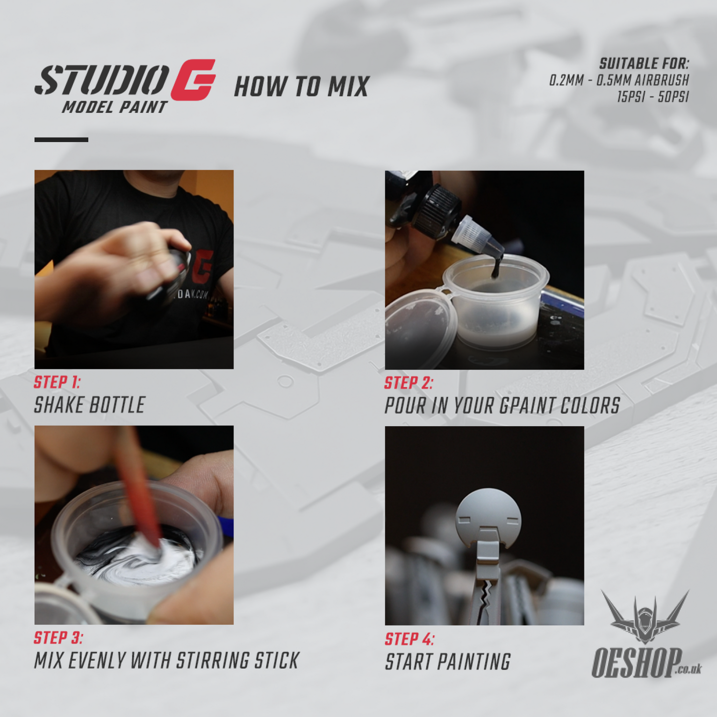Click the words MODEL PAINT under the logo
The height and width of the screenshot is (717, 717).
pos(115,107)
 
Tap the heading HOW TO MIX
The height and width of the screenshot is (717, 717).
pos(302,87)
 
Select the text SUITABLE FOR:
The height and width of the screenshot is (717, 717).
pos(644,64)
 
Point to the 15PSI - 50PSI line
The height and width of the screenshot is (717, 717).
pos(652,97)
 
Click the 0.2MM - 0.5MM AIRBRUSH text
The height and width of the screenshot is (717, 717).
pos(619,80)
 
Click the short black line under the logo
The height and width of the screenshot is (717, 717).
pos(61,140)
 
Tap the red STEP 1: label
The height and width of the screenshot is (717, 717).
pos(57,382)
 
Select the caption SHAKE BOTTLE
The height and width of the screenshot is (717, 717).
pos(89,405)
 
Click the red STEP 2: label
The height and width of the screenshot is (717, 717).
pos(408,383)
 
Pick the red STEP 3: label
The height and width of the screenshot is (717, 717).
pos(58,638)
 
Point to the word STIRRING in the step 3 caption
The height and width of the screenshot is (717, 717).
pos(213,661)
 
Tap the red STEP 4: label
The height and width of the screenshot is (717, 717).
pos(409,639)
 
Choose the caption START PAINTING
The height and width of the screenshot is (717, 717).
pos(447,662)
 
